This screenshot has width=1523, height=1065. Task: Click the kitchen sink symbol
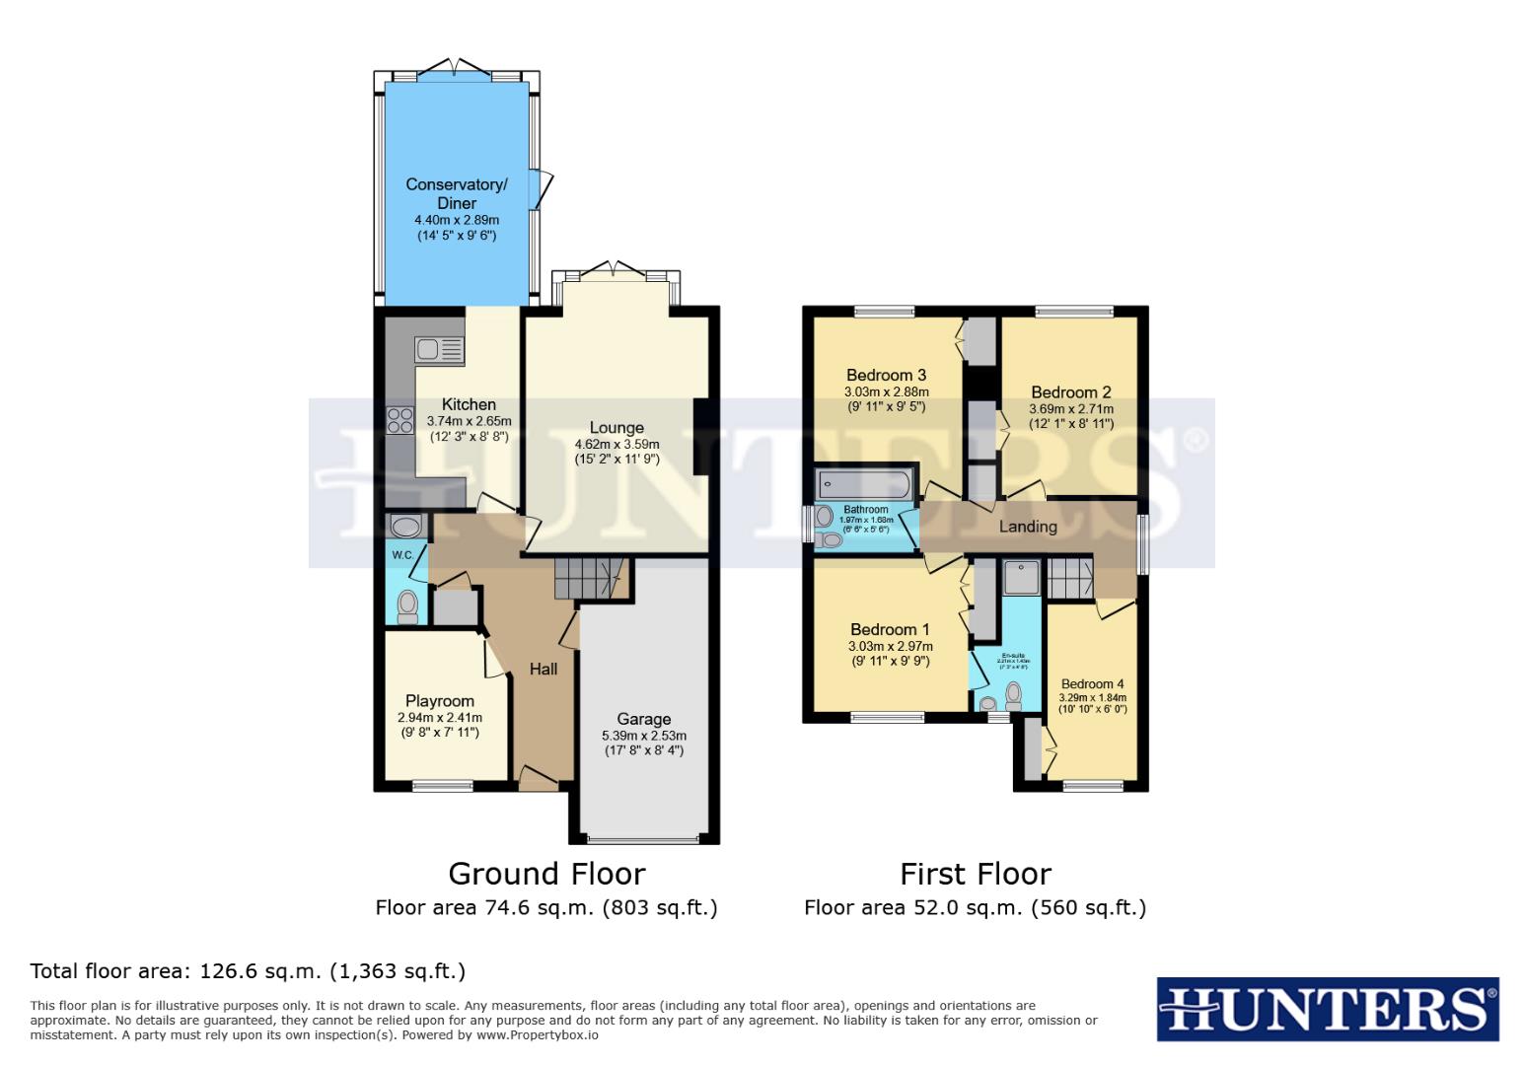tap(439, 349)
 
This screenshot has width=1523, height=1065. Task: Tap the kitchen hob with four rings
tap(399, 420)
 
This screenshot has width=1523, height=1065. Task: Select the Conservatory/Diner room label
tap(456, 193)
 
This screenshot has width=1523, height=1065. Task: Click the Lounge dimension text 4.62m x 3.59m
tap(616, 445)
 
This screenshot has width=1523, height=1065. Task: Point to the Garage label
tap(643, 719)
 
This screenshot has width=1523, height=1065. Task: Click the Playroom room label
tap(439, 701)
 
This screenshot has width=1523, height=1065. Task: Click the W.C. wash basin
tap(405, 525)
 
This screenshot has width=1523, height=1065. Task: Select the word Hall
tap(543, 669)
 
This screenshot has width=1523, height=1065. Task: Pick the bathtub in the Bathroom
tap(863, 483)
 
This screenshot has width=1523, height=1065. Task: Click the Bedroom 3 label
tap(886, 375)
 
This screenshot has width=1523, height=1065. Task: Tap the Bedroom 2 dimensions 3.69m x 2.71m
tap(1070, 409)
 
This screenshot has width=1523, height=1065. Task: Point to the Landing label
tap(1027, 527)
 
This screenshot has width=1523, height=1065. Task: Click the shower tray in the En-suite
tap(1021, 577)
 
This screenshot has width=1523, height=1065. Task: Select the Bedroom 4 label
tap(1092, 683)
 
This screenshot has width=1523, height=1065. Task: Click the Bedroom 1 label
tap(890, 629)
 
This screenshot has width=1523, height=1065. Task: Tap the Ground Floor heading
tap(546, 874)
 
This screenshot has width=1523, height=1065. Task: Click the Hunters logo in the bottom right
tap(1327, 1009)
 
